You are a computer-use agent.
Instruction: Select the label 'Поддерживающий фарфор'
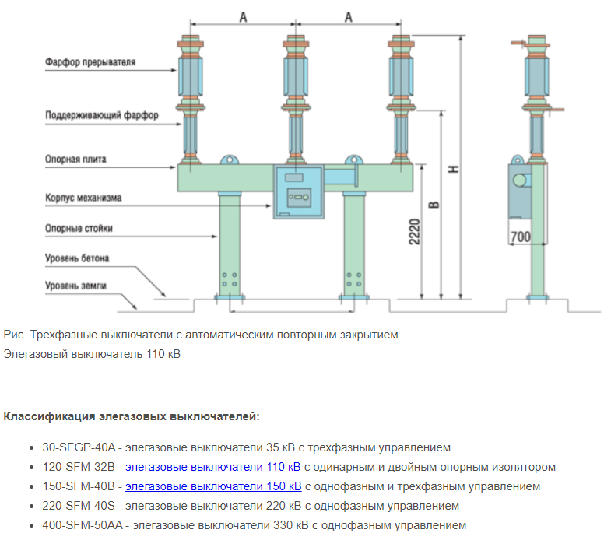coord(101,115)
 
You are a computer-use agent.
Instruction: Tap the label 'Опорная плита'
coord(75,160)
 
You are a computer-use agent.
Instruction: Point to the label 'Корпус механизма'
coord(83,198)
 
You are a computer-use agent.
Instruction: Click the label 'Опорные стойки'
coord(79,229)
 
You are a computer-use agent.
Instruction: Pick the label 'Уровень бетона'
coord(76,258)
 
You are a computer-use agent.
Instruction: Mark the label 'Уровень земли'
coord(75,286)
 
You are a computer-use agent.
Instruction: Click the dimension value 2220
coord(415,231)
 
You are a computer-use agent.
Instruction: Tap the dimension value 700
coord(520,235)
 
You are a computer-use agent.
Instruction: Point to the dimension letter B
coord(434,205)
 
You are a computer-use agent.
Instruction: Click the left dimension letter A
coord(243,17)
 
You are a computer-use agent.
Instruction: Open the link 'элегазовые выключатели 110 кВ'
coord(212,467)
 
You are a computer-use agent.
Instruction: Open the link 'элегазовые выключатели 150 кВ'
coord(212,486)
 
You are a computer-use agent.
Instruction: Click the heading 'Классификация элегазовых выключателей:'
coord(132,416)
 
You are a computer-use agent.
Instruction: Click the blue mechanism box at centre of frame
coord(297,192)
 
